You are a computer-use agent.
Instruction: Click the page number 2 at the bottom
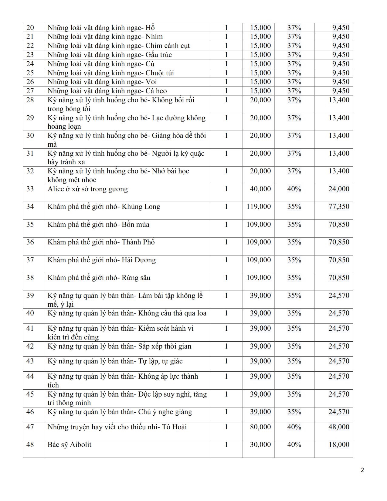[362, 470]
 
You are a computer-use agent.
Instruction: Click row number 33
[30, 189]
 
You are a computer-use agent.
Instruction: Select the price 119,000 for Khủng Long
[258, 207]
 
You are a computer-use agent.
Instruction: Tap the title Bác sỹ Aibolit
[69, 445]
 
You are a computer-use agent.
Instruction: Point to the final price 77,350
[339, 207]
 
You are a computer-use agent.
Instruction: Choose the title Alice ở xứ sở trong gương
[87, 189]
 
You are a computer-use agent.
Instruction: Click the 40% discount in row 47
[294, 427]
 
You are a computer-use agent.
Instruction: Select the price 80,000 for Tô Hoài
[260, 427]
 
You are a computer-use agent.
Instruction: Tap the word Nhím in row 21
[154, 37]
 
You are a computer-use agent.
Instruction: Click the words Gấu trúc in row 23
[158, 55]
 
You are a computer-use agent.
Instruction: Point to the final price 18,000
[339, 445]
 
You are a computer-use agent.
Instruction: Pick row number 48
[30, 445]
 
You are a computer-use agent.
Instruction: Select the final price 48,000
[339, 427]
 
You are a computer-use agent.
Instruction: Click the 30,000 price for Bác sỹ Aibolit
[260, 445]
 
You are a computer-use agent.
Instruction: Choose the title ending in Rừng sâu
[99, 278]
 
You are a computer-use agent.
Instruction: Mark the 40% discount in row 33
[294, 189]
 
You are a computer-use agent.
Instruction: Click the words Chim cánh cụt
[168, 46]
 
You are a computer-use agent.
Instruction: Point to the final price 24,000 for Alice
[339, 189]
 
